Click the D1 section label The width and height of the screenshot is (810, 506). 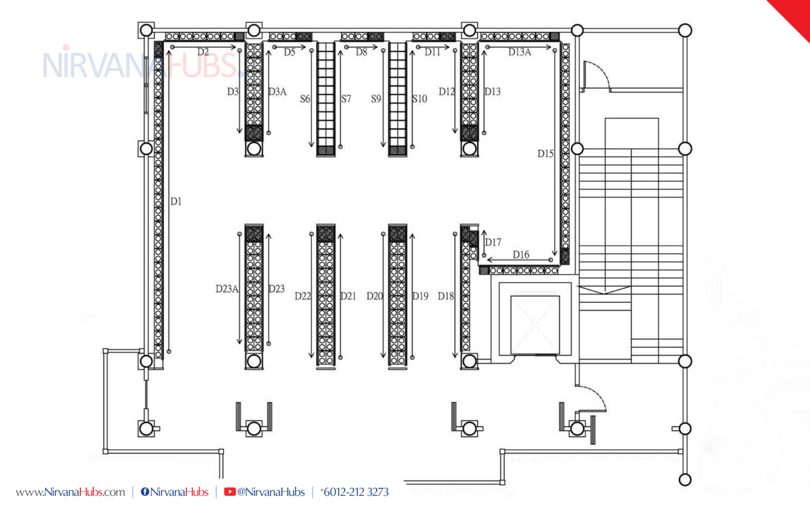pyautogui.click(x=176, y=201)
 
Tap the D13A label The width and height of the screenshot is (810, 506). pyautogui.click(x=520, y=53)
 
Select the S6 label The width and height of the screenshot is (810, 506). pyautogui.click(x=305, y=99)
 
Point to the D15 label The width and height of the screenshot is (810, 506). pyautogui.click(x=545, y=154)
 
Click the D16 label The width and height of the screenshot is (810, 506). pyautogui.click(x=521, y=255)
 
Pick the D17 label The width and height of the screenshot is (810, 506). pyautogui.click(x=493, y=242)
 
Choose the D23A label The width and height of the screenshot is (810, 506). pyautogui.click(x=227, y=289)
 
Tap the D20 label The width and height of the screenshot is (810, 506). pyautogui.click(x=374, y=296)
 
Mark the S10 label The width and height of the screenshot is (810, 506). pyautogui.click(x=419, y=99)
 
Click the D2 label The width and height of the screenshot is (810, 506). pyautogui.click(x=203, y=53)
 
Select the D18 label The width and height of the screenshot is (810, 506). pyautogui.click(x=446, y=296)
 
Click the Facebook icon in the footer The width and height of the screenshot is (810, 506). pyautogui.click(x=144, y=492)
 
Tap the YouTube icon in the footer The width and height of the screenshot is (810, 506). pyautogui.click(x=230, y=492)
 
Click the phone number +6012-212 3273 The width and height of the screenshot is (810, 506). pyautogui.click(x=354, y=492)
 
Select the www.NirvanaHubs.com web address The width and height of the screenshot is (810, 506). pyautogui.click(x=70, y=493)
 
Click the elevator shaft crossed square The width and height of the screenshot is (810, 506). pyautogui.click(x=535, y=325)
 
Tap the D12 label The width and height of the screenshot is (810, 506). pyautogui.click(x=447, y=92)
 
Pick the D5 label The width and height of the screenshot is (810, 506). pyautogui.click(x=290, y=53)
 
